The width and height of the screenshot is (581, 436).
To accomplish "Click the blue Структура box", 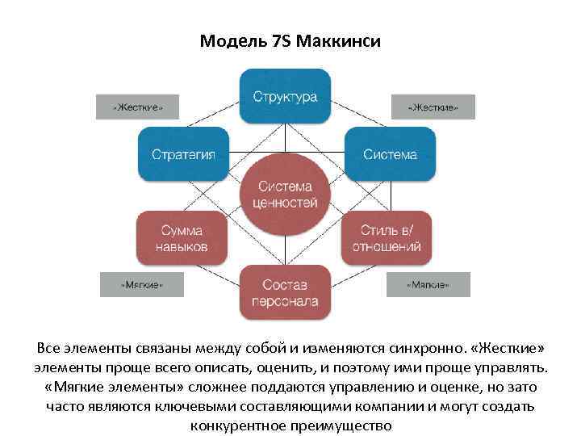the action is (x=285, y=96).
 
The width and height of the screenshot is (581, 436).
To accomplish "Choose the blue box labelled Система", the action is (x=390, y=153).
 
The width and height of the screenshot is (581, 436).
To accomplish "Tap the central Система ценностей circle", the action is (x=285, y=195).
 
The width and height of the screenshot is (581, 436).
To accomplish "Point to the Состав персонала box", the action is (x=285, y=292).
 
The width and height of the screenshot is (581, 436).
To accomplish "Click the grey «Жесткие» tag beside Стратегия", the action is (x=137, y=107).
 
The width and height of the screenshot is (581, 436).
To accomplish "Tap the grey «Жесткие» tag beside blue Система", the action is (x=433, y=107).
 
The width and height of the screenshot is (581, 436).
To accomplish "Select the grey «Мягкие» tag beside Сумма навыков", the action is (x=141, y=284).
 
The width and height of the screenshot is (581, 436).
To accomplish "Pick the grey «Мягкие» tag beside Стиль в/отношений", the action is (x=428, y=284).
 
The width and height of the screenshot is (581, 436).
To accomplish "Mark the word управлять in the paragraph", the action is (x=514, y=368).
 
